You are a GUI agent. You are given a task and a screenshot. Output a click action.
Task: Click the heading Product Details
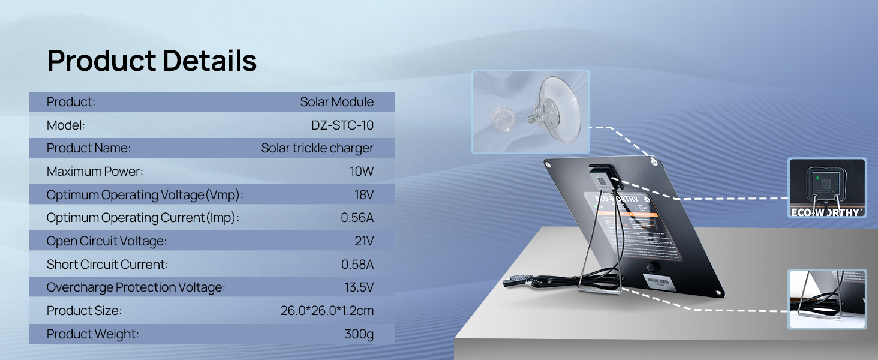152,61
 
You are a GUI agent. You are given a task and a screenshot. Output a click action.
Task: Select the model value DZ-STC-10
338,125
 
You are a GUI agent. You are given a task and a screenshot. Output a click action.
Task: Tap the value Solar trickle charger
317,148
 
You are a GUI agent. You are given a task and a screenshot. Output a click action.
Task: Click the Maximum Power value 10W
362,172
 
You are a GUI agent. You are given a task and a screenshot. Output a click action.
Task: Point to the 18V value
364,194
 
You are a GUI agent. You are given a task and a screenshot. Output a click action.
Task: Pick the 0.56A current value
357,218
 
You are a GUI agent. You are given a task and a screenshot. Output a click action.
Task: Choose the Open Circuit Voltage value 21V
364,241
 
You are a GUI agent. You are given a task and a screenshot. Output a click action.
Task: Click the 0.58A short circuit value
357,264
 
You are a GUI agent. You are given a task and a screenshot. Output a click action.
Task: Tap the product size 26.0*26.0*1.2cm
327,311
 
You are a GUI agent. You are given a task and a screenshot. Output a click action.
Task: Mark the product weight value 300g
359,334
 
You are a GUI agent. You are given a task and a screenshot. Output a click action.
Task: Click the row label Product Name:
89,148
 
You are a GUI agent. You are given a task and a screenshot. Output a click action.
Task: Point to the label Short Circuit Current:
107,264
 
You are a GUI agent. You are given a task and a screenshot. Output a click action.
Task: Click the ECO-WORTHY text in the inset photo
827,212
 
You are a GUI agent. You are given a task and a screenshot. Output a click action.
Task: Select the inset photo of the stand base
826,299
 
